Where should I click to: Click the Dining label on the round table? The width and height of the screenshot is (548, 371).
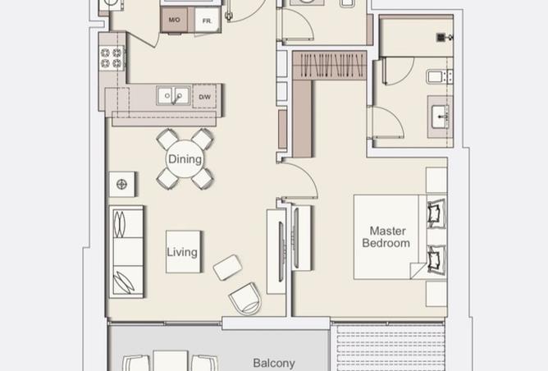pos(184,158)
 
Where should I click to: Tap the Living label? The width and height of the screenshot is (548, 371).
pos(182,252)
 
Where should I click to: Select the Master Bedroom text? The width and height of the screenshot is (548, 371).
pos(387,237)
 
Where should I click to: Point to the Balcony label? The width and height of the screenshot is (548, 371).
pos(274,363)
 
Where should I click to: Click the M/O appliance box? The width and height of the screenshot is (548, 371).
pos(174,20)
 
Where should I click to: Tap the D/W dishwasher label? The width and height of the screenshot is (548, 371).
pos(203,97)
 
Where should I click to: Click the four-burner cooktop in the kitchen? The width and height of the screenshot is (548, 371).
pos(112,57)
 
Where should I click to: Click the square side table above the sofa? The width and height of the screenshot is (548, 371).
pos(122,183)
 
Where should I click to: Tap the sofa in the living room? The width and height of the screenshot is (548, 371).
pos(127,251)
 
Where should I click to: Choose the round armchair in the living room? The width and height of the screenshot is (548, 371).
pos(244,299)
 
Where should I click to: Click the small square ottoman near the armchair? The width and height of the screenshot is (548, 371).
pos(227,267)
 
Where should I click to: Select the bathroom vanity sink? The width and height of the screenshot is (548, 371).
pos(439,112)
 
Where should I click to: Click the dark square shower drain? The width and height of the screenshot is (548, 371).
pos(441,37)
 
